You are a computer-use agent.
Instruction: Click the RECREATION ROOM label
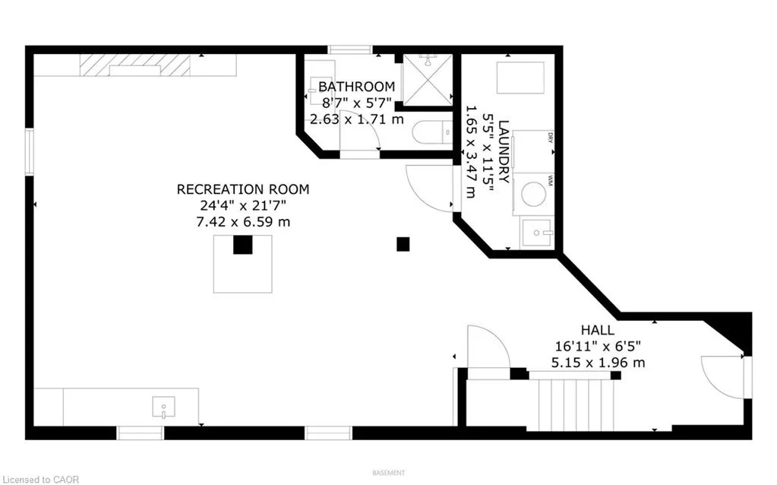point(243,189)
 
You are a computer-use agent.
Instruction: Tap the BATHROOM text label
point(356,87)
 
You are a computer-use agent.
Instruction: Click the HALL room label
point(598,330)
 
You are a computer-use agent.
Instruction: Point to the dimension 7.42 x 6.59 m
point(243,222)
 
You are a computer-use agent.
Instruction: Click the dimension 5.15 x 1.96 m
point(600,363)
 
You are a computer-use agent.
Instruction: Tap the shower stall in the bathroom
point(426,80)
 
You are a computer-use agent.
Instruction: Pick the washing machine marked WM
point(534,193)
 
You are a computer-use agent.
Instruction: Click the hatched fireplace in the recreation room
point(135,65)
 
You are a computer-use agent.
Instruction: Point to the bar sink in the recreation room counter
point(163,407)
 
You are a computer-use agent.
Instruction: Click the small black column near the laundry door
point(403,244)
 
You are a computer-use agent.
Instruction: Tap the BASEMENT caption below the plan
point(388,474)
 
